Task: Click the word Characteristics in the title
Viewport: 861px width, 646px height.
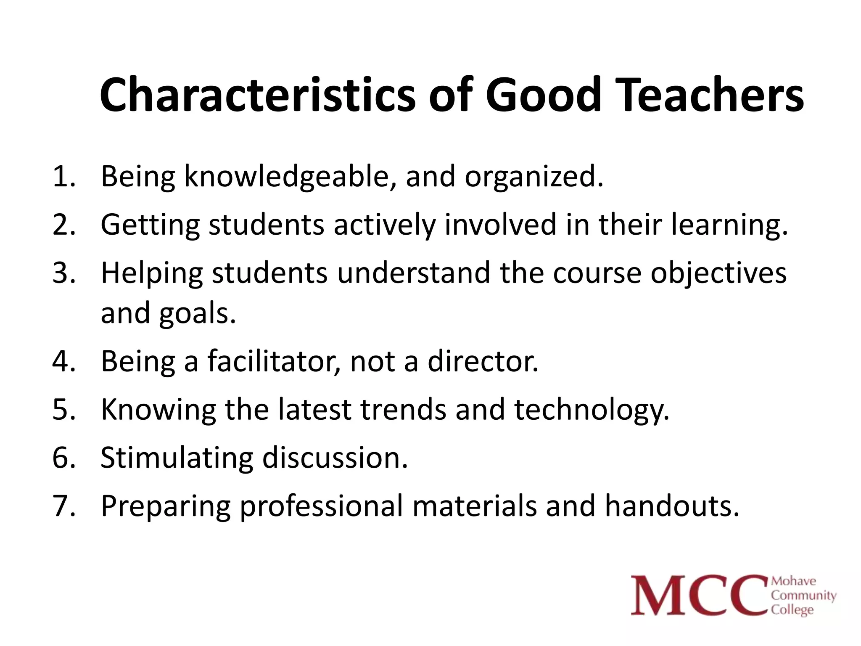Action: pyautogui.click(x=257, y=95)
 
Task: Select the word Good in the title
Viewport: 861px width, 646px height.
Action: pyautogui.click(x=543, y=95)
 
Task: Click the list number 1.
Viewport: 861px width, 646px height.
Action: pyautogui.click(x=63, y=176)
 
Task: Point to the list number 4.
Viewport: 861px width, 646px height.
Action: pyautogui.click(x=63, y=361)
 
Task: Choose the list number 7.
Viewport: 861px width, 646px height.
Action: pyautogui.click(x=63, y=506)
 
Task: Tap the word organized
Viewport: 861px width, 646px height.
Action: pyautogui.click(x=534, y=177)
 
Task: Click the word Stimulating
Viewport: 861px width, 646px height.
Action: pyautogui.click(x=177, y=458)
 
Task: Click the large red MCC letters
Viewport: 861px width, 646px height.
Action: pyautogui.click(x=698, y=596)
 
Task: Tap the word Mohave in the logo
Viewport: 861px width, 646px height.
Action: pyautogui.click(x=794, y=581)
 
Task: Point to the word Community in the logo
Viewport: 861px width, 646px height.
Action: pyautogui.click(x=803, y=596)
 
